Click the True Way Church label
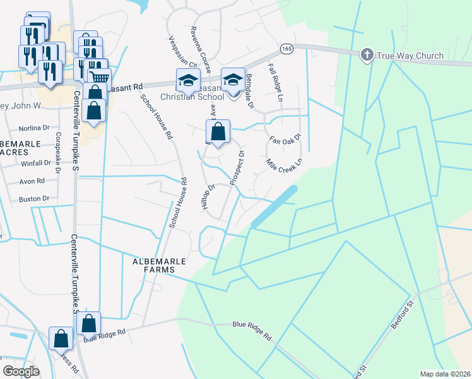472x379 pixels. click(410, 56)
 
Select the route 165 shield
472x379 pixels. click(287, 48)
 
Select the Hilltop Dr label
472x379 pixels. click(209, 196)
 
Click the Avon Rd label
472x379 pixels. click(32, 181)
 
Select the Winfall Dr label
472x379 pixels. click(35, 163)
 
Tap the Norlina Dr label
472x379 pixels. click(34, 128)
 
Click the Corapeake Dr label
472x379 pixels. click(57, 162)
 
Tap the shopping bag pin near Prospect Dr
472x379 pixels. click(218, 132)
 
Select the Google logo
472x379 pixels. click(21, 371)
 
